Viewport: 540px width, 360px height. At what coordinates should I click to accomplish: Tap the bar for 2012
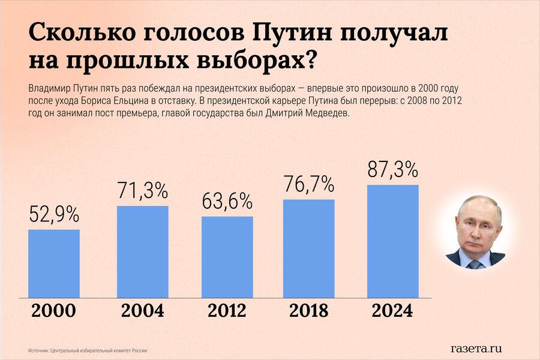click(227, 256)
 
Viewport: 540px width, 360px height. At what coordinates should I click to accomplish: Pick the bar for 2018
click(308, 248)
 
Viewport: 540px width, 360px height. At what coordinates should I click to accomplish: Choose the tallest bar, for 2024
click(392, 241)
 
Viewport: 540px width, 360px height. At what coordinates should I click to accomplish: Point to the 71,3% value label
click(142, 191)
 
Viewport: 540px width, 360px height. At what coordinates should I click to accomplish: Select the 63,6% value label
click(227, 201)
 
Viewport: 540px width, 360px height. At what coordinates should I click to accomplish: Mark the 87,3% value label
click(392, 170)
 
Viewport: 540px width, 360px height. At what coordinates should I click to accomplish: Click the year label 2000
click(53, 311)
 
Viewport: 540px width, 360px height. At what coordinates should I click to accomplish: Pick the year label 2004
click(142, 311)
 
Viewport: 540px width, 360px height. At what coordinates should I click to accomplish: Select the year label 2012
click(227, 311)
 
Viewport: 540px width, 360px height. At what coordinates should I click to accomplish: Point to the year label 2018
click(308, 311)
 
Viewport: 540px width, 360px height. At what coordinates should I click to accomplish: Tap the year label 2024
click(392, 311)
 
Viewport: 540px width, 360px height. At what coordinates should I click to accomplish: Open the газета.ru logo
click(476, 348)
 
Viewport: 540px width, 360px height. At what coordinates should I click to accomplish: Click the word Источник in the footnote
click(39, 350)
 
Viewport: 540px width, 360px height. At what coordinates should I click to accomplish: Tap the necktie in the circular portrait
click(475, 263)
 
